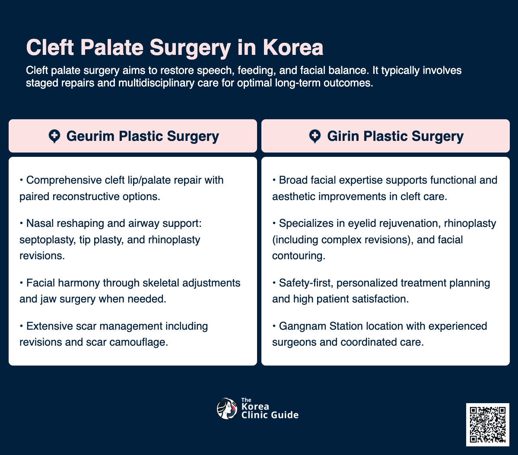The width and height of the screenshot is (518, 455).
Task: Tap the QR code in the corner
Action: pos(487,424)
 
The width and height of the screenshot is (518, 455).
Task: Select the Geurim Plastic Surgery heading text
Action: pos(143,136)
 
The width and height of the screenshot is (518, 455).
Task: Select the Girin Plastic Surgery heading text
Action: pos(395,136)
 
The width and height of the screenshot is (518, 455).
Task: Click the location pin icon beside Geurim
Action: pos(54,136)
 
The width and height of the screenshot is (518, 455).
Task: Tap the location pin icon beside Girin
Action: pos(315,136)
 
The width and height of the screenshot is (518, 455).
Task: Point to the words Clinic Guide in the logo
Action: pos(270,415)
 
